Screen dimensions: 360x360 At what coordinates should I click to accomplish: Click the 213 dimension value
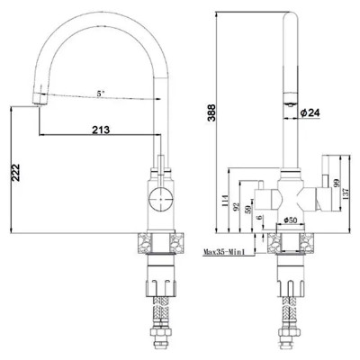(x=101, y=130)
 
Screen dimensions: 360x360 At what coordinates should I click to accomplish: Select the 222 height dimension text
(x=15, y=172)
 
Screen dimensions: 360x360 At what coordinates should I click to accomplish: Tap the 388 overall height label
(x=211, y=112)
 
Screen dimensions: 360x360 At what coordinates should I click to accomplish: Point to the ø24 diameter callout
(x=310, y=112)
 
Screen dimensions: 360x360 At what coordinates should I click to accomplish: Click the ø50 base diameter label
(x=290, y=220)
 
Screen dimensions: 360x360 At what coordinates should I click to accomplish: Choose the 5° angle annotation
(x=101, y=94)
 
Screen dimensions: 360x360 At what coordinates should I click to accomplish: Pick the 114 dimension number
(x=225, y=201)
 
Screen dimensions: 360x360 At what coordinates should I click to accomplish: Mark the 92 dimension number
(x=237, y=206)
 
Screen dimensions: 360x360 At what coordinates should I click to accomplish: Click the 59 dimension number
(x=249, y=209)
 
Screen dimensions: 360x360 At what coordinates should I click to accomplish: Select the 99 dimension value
(x=336, y=182)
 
